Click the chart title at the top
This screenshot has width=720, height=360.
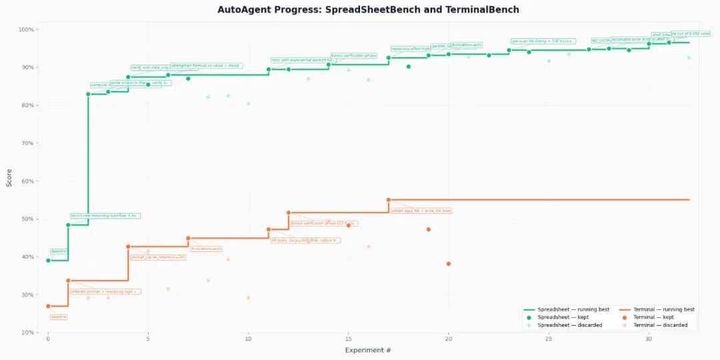[x=368, y=10]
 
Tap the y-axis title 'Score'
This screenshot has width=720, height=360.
[x=9, y=181]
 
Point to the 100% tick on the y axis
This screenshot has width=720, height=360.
[x=26, y=30]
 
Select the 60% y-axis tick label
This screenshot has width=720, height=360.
[x=27, y=181]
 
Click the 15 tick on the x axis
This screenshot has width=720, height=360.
[x=348, y=339]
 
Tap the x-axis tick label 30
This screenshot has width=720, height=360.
[x=649, y=339]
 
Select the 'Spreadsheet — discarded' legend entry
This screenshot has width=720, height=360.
[x=570, y=325]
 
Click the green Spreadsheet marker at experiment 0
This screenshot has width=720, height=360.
[x=48, y=260]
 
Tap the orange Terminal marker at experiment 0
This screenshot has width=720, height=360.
[x=48, y=306]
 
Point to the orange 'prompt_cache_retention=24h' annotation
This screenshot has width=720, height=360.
[x=158, y=257]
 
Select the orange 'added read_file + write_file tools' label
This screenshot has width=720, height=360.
[x=421, y=211]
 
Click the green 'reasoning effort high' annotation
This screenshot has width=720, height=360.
[x=410, y=49]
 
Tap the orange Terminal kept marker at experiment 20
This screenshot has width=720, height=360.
[x=449, y=264]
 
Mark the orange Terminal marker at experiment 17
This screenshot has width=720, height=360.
[x=389, y=200]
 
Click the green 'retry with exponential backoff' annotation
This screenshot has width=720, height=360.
[x=303, y=60]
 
